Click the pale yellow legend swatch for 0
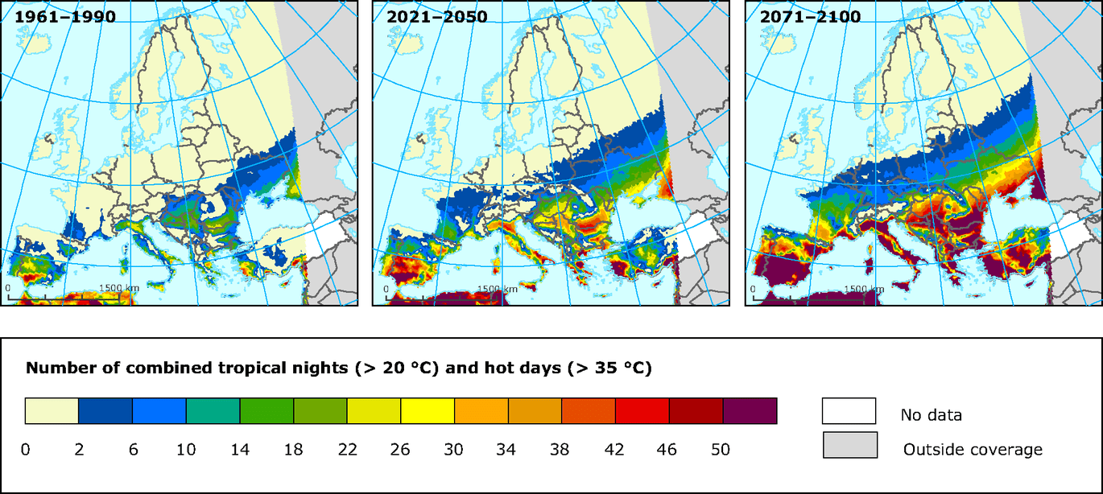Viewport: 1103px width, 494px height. pyautogui.click(x=52, y=410)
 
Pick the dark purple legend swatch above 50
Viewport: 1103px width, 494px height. pyautogui.click(x=750, y=410)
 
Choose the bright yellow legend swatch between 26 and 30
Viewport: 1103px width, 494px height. pyautogui.click(x=428, y=410)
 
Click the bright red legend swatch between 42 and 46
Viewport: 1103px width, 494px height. pyautogui.click(x=642, y=410)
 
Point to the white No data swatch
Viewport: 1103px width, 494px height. pyautogui.click(x=849, y=410)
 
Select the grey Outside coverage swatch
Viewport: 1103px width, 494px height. pyautogui.click(x=849, y=445)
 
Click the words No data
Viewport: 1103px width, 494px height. pyautogui.click(x=931, y=416)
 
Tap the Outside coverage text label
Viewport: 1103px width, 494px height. pyautogui.click(x=973, y=450)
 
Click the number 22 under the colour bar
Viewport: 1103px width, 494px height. pyautogui.click(x=347, y=450)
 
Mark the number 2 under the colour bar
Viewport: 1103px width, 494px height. pyautogui.click(x=79, y=450)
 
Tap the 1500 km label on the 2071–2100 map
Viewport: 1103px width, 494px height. pyautogui.click(x=864, y=288)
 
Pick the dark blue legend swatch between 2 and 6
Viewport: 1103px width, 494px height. pyautogui.click(x=105, y=410)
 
